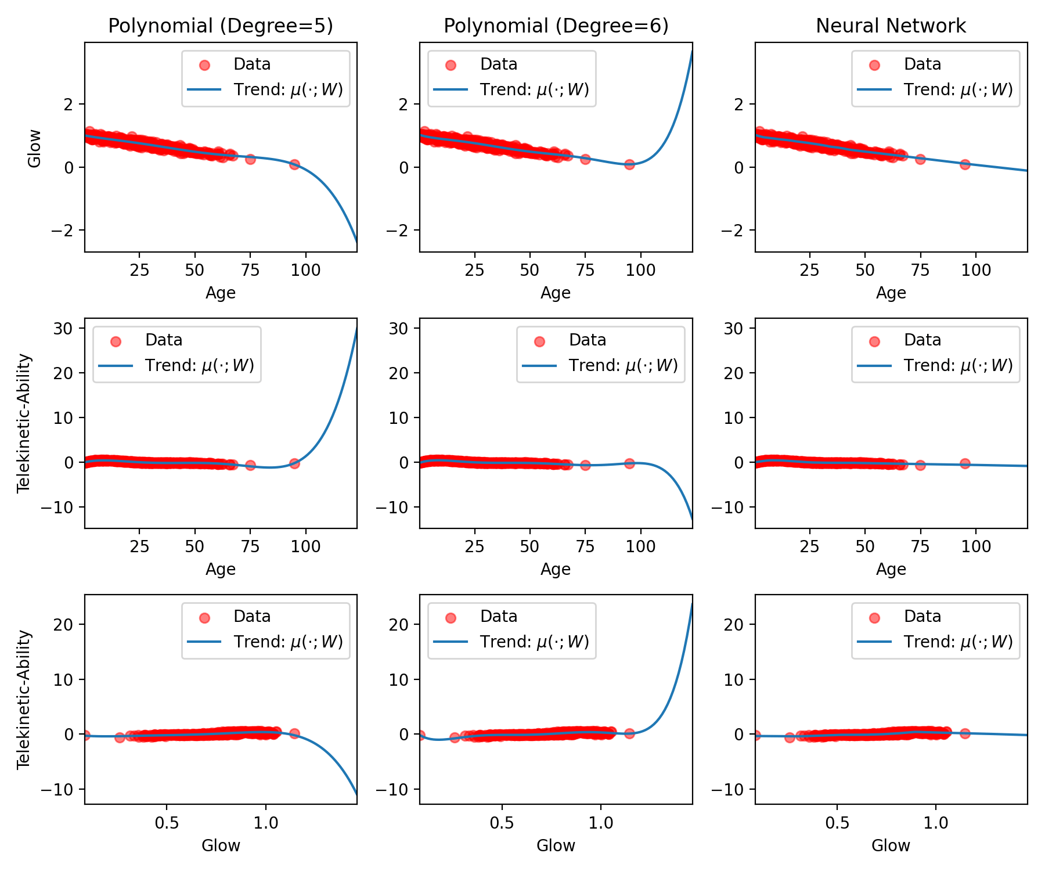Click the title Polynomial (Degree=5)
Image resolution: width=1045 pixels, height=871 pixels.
[x=221, y=26]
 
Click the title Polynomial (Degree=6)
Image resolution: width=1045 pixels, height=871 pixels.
[x=556, y=26]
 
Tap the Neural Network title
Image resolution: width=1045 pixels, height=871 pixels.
[x=891, y=26]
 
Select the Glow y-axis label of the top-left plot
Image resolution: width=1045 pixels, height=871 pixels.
[x=35, y=148]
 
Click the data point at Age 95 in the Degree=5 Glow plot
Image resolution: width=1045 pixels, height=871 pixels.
[x=294, y=164]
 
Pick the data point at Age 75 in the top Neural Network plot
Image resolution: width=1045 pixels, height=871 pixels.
[x=920, y=159]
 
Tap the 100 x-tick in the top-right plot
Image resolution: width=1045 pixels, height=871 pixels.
[x=976, y=270]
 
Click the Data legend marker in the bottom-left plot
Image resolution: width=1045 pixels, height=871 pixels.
[x=204, y=618]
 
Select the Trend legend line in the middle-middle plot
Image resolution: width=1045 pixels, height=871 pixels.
[x=539, y=366]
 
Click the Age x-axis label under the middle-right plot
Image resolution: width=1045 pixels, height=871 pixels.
[x=891, y=569]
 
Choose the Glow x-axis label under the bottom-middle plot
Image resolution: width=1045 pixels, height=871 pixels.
[x=556, y=845]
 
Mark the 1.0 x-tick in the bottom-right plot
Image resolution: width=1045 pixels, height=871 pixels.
[x=936, y=823]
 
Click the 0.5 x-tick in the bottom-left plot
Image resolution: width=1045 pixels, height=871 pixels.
[x=167, y=823]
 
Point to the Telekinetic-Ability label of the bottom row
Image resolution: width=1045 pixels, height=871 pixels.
[x=24, y=700]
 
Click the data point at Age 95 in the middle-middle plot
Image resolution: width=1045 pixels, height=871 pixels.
[x=629, y=463]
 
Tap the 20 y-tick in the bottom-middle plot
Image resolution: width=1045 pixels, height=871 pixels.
[x=400, y=625]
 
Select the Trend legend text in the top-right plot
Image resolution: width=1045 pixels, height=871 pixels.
[x=958, y=90]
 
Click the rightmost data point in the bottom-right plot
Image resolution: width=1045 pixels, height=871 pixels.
[x=965, y=733]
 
